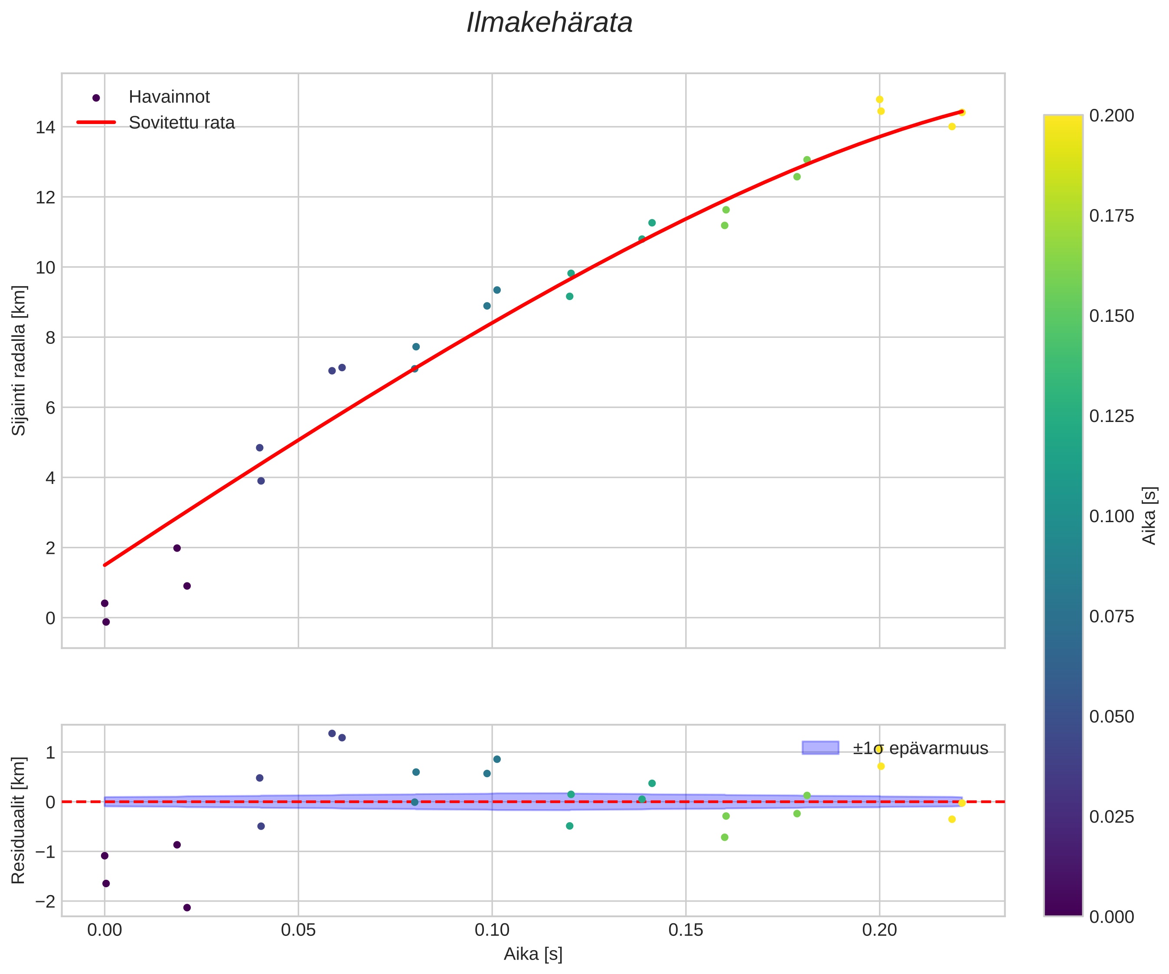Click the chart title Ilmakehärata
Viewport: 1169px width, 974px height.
(x=549, y=23)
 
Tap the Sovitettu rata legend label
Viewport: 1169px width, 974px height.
(x=182, y=123)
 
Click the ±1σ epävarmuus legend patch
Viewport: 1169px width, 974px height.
(x=820, y=748)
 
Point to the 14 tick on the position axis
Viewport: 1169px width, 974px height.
(x=45, y=127)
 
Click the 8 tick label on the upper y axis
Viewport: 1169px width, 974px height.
(x=50, y=337)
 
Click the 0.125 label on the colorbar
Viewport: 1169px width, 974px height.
(x=1111, y=416)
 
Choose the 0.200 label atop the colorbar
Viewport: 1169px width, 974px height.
(x=1111, y=115)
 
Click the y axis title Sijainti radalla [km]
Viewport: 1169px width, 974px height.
(x=19, y=360)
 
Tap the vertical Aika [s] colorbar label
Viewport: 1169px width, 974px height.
(x=1149, y=516)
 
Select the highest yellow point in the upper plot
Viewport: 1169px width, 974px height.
(x=879, y=100)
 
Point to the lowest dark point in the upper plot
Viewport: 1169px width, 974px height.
(x=106, y=622)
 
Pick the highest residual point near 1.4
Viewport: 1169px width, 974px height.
(x=332, y=733)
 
